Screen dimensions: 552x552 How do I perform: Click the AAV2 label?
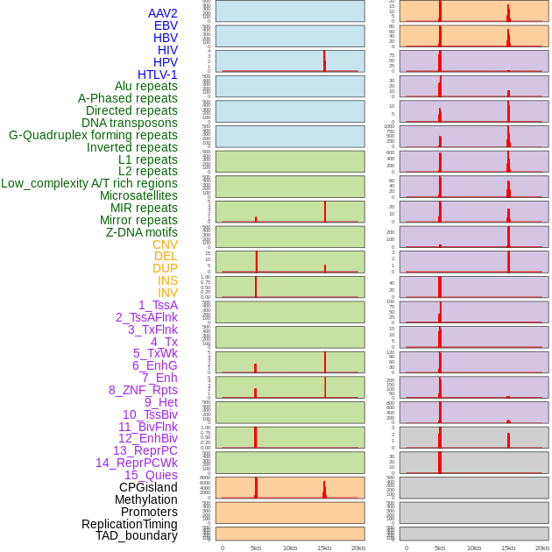[x=162, y=13]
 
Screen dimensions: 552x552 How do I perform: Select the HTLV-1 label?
[x=157, y=74]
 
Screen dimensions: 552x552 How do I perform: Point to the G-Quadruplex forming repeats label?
[x=93, y=135]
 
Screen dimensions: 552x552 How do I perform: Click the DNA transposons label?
[x=130, y=123]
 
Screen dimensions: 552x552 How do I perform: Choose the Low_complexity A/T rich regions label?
[x=89, y=183]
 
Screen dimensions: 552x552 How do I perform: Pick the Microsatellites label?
[x=138, y=195]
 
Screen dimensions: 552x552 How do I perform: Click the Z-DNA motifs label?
[x=142, y=232]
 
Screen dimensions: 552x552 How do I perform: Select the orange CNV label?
[x=165, y=244]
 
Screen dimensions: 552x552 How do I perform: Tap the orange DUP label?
[x=165, y=268]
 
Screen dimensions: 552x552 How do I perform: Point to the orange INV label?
[x=167, y=293]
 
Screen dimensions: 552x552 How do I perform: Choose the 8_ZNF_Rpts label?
[x=143, y=390]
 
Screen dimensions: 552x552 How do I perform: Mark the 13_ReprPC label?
[x=145, y=450]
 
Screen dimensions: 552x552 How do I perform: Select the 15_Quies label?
[x=151, y=475]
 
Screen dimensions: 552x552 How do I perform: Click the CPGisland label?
[x=148, y=487]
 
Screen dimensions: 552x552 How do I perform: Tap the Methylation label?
[x=145, y=499]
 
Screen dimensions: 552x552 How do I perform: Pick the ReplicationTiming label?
[x=130, y=524]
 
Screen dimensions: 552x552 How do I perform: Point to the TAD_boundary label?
[x=137, y=535]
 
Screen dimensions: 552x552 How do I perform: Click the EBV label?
[x=166, y=25]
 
